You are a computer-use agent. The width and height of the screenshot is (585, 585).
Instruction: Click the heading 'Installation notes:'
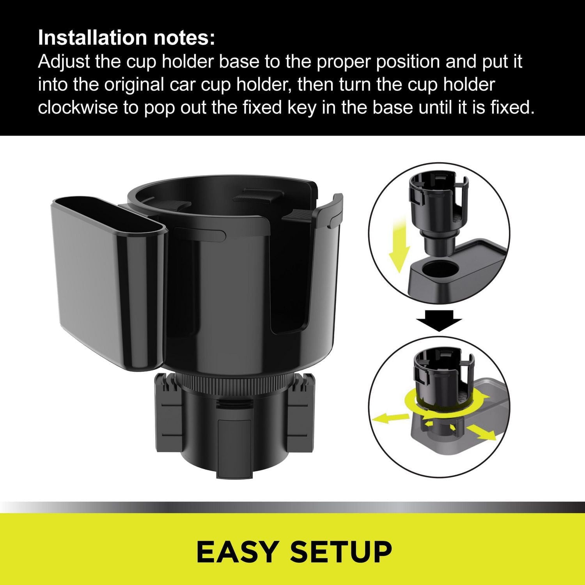(126, 38)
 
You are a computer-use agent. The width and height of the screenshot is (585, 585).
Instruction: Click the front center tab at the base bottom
(233, 448)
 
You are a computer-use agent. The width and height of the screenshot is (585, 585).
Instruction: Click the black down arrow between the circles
(439, 320)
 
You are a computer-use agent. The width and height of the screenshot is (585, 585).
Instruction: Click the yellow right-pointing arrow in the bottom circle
(481, 432)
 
